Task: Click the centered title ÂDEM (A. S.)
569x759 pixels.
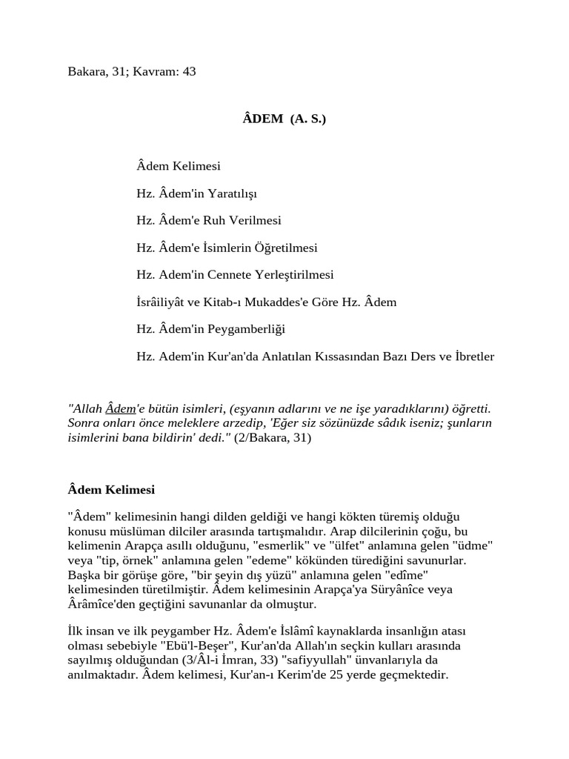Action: (284, 119)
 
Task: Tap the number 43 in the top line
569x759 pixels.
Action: (188, 72)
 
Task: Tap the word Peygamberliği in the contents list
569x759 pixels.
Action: (248, 329)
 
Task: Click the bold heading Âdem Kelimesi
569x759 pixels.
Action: (111, 490)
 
